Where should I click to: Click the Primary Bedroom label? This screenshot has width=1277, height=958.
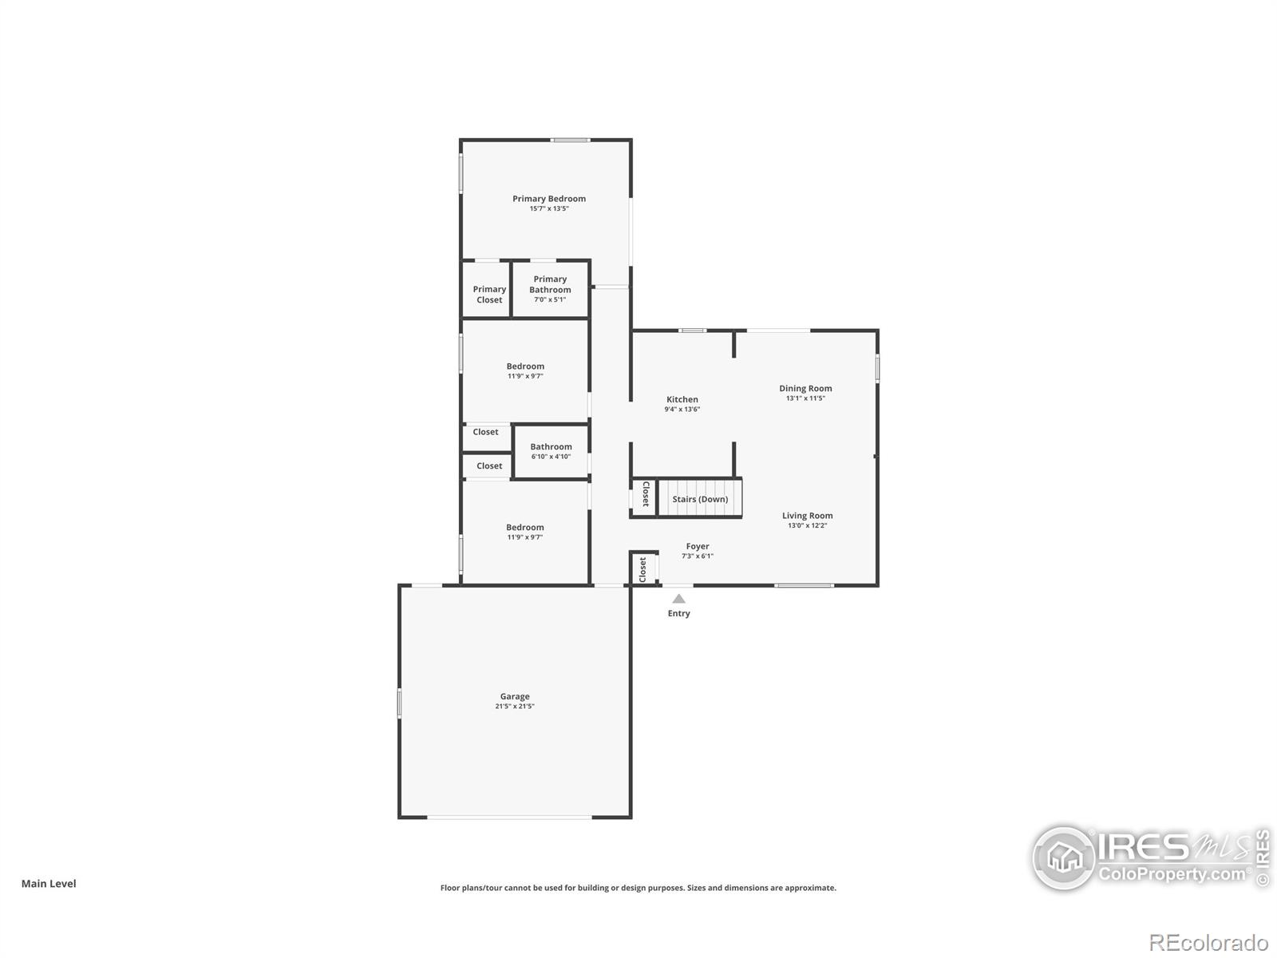point(549,199)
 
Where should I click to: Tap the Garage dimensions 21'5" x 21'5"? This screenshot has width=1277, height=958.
point(515,707)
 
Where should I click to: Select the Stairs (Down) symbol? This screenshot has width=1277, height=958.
point(700,499)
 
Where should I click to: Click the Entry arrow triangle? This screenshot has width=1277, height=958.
point(678,599)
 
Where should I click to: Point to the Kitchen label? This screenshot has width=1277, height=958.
point(682,399)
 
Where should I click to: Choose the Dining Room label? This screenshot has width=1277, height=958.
point(805,389)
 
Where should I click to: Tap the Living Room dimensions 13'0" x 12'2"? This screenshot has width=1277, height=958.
point(807,525)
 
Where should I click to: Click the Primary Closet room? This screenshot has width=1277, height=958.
point(488,294)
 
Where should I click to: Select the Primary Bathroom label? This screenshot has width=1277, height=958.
point(550,284)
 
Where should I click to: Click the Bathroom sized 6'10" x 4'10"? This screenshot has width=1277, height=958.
point(551,452)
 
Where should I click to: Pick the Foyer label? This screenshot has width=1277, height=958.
point(698,547)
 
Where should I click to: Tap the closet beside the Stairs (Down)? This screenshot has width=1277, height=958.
point(645,495)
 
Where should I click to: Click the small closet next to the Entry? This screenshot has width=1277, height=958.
point(642,569)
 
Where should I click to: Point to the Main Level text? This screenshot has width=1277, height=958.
point(49,884)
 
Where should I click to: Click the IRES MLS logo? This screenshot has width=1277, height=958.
point(1149,858)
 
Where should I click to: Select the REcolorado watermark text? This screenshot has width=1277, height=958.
point(1208,943)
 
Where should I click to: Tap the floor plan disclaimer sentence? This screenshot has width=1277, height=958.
point(638,888)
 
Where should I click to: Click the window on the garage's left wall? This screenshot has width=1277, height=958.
point(400,703)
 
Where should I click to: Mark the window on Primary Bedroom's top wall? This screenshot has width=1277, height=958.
point(570,141)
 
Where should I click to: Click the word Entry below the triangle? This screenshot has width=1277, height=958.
point(678,613)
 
